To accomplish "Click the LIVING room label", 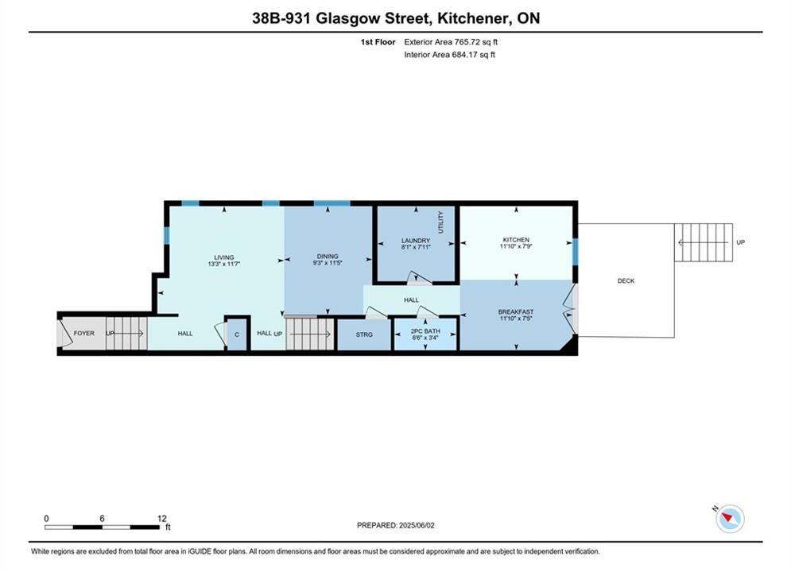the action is click(223, 257).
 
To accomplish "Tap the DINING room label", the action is click(328, 256).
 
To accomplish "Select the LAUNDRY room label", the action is click(416, 241).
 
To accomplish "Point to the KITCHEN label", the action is click(516, 239).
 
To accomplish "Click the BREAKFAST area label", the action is click(516, 312).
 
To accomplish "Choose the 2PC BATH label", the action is click(425, 331).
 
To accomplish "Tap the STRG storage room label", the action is click(364, 334).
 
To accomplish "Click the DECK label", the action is click(626, 280).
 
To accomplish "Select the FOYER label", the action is click(83, 333).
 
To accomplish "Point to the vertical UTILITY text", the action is click(440, 222).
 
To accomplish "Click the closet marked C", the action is click(237, 334).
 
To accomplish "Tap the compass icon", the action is click(730, 518).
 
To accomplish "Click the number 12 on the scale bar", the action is click(161, 518).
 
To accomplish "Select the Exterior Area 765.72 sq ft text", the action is click(451, 42).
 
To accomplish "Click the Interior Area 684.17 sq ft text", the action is click(449, 55).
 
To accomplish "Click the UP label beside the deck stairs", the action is click(740, 242).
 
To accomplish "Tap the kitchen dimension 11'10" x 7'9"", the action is click(516, 246).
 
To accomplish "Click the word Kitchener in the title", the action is click(473, 18).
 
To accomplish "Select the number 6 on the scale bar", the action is click(102, 518).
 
